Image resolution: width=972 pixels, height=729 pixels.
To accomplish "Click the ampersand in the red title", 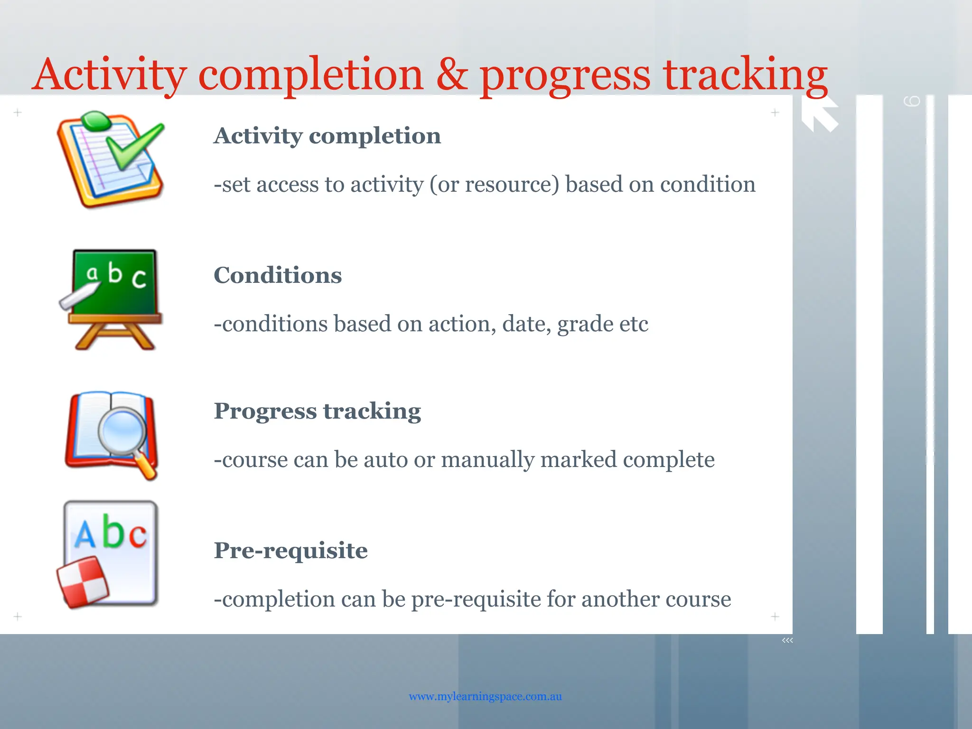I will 452,75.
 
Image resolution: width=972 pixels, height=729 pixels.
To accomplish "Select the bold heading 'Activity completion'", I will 327,136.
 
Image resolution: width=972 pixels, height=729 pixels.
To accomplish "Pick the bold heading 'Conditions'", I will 278,275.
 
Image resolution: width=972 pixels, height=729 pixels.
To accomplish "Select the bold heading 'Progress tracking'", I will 317,411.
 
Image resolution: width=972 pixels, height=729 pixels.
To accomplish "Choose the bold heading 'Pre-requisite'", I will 290,551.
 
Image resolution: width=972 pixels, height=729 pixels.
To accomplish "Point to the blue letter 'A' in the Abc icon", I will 85,534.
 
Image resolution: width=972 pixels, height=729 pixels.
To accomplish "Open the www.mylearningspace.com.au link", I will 485,696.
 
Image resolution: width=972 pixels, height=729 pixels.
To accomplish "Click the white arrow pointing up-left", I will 819,114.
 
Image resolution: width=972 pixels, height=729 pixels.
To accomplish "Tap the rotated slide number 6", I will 912,101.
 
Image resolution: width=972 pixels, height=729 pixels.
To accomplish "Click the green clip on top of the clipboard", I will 96,121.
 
